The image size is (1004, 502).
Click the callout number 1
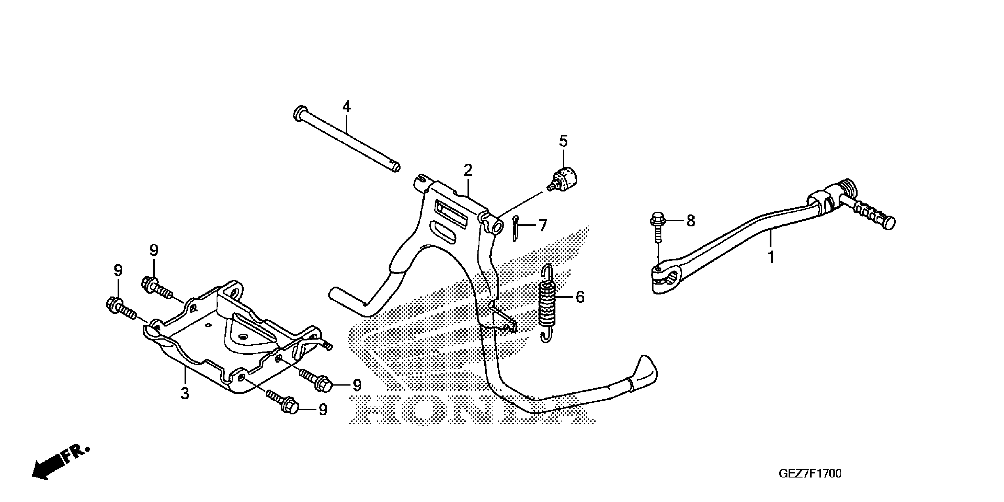pos(771,257)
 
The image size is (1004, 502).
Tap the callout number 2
pos(468,170)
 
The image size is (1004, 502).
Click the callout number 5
pos(564,141)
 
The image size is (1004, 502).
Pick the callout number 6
pos(580,297)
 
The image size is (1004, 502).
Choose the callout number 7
pos(543,225)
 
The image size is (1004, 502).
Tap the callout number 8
pos(690,221)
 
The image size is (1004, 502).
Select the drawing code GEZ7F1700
pos(810,474)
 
